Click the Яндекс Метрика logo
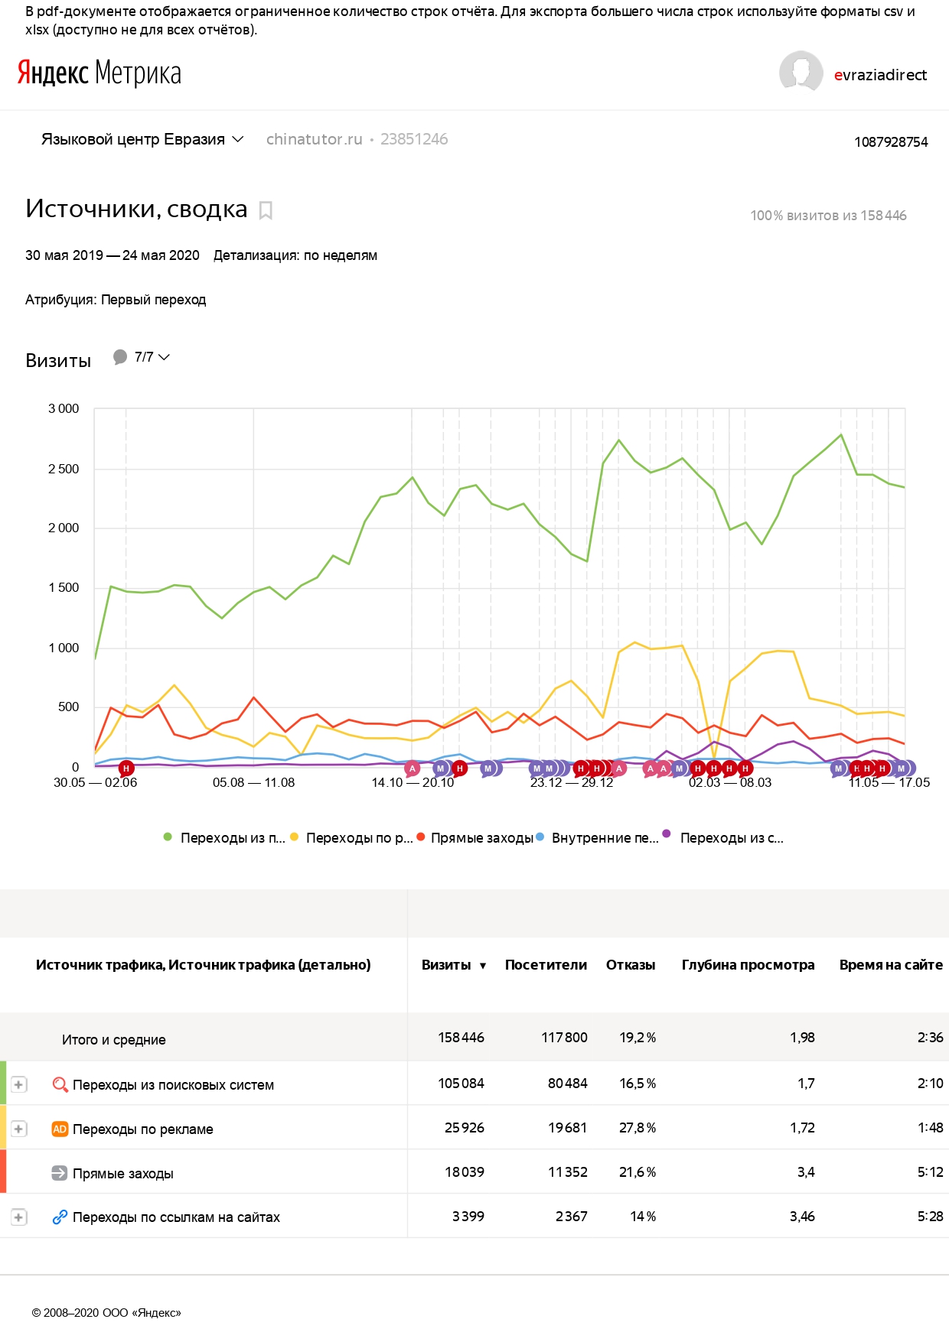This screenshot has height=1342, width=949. point(99,73)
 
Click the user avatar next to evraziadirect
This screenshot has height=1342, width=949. point(801,73)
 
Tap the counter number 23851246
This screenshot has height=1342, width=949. point(414,139)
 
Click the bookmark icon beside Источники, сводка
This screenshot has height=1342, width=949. point(266,210)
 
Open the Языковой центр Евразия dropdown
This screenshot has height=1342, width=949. point(142,139)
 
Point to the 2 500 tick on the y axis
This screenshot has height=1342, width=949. point(64,469)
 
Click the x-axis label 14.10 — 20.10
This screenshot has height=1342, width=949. point(413,782)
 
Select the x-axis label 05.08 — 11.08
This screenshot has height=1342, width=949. point(253,782)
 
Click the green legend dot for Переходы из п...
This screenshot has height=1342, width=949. point(168,837)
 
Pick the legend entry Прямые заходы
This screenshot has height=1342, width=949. point(481,838)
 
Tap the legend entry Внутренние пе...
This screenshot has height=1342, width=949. point(605,838)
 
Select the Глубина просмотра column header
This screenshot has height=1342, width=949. point(748,965)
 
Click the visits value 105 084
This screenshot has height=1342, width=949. point(461,1084)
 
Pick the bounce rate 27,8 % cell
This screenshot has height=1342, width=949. point(638,1128)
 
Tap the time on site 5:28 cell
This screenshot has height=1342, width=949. point(930,1217)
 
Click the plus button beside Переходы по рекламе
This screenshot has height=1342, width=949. point(18,1129)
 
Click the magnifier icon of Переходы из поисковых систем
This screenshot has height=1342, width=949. point(60,1084)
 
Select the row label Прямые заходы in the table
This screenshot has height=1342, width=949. point(123,1174)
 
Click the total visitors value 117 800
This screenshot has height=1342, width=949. point(564,1038)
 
